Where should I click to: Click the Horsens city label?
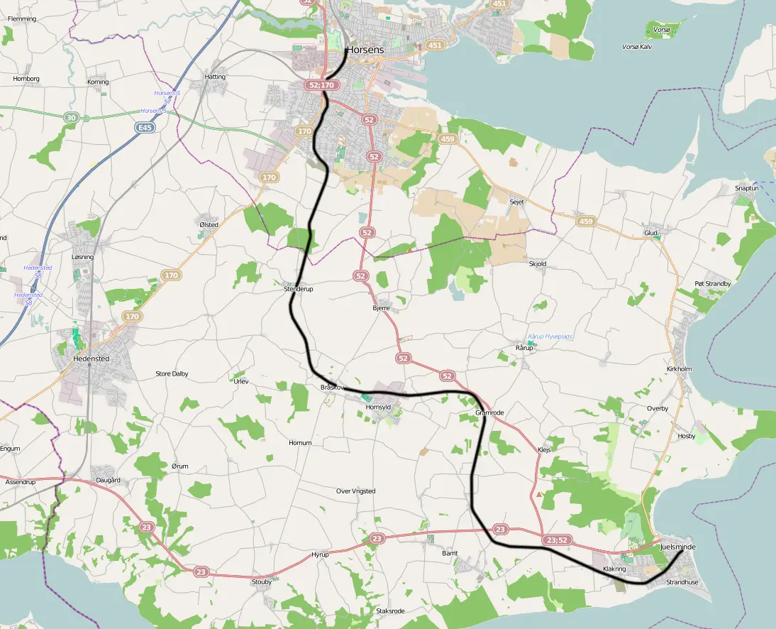(365, 50)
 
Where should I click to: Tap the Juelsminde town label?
(677, 548)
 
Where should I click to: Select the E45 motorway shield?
(145, 127)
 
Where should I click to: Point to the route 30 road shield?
(70, 117)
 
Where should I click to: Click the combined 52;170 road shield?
(321, 85)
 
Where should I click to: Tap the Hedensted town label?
(91, 359)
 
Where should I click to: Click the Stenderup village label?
(298, 289)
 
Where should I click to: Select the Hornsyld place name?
(378, 407)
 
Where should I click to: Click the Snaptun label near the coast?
(747, 188)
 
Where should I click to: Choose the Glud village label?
(650, 232)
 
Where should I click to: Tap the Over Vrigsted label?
(355, 491)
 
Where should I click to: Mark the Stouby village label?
(262, 581)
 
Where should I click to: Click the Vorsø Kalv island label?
(636, 46)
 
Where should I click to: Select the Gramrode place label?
(489, 412)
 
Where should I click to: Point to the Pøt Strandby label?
(712, 284)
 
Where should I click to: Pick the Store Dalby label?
(172, 373)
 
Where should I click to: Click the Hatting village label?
(215, 77)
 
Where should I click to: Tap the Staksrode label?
(390, 611)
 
